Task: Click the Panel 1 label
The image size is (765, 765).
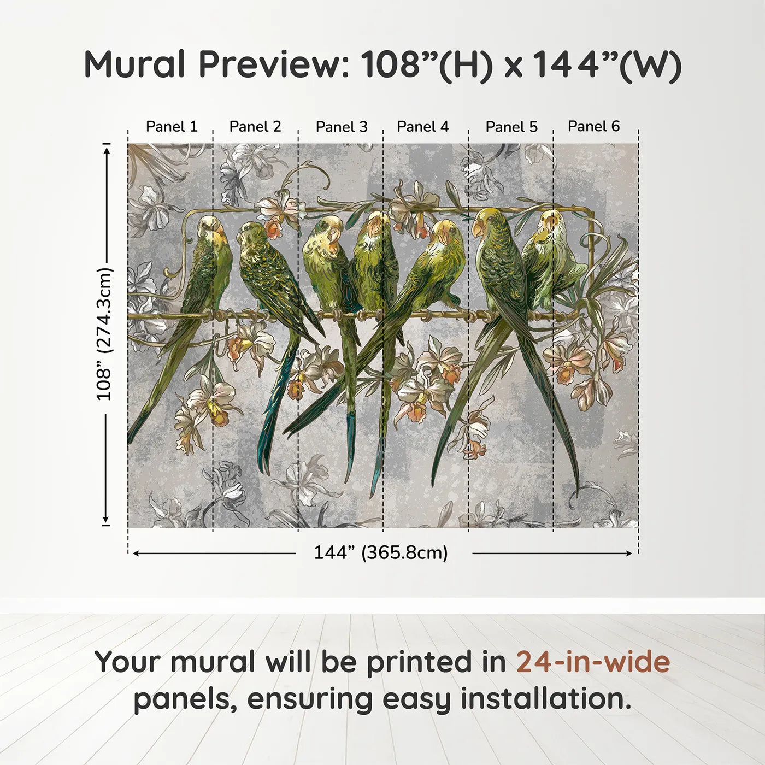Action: coord(172,127)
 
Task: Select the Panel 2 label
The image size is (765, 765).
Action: coord(255,127)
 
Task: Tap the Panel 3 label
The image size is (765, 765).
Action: coord(342,127)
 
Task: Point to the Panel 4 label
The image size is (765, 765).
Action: coord(422,127)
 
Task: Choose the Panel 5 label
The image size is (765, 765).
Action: coord(511,127)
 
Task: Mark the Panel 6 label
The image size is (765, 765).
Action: coord(593,127)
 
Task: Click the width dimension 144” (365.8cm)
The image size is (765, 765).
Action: coord(380,553)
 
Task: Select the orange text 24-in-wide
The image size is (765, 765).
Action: coord(593,662)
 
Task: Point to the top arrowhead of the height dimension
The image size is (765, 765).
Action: coord(107,148)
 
